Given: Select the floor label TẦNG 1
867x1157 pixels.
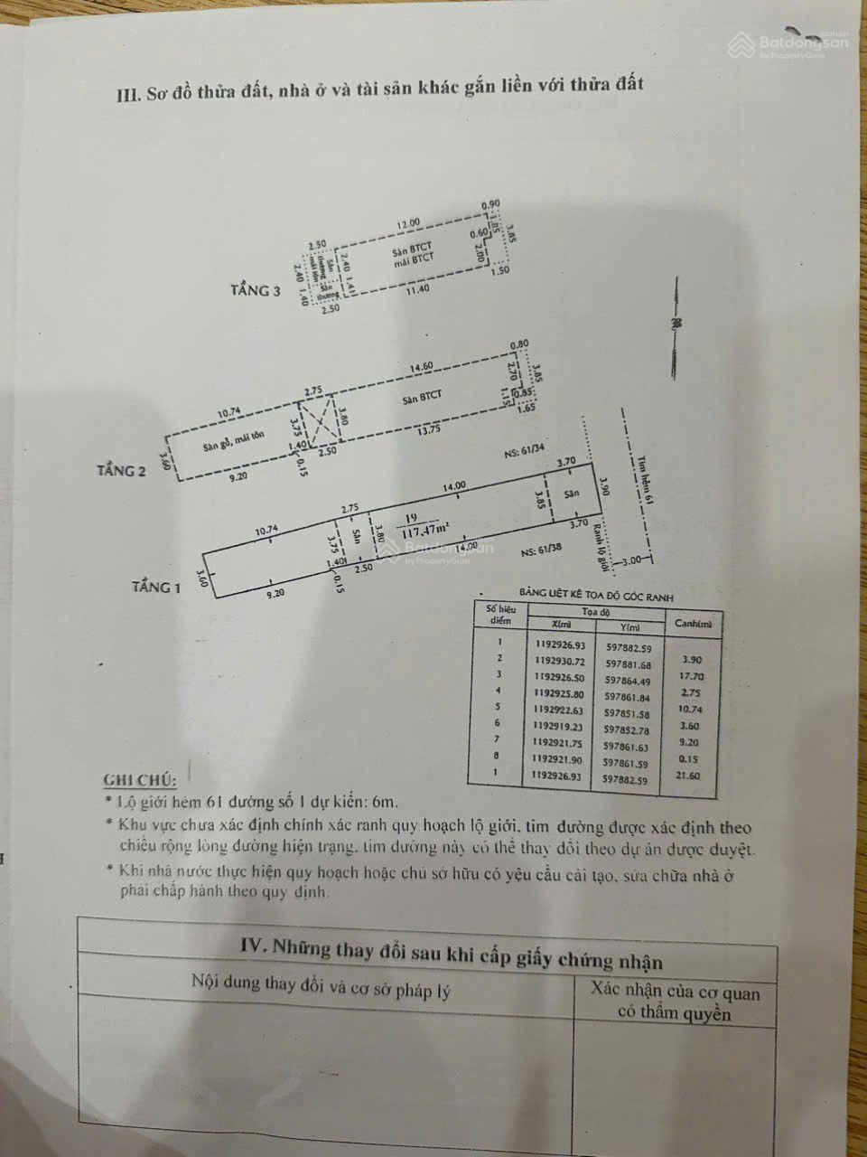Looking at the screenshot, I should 156,588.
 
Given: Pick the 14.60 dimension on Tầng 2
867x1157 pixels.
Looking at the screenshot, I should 422,367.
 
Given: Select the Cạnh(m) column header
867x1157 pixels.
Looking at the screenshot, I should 694,623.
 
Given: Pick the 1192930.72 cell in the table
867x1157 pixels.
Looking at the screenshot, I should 560,662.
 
